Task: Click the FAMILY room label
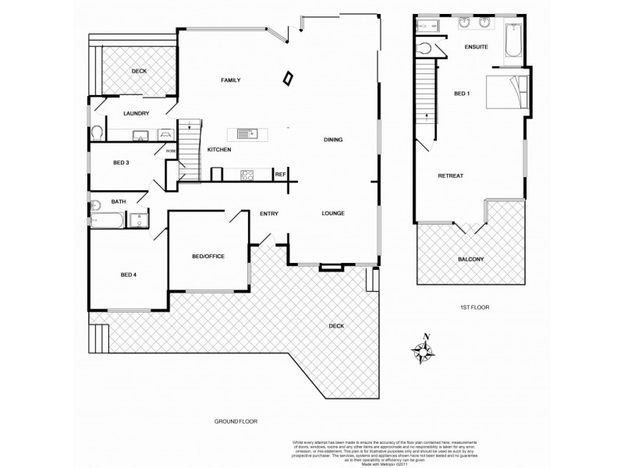tap(229, 80)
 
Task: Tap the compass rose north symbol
tap(425, 353)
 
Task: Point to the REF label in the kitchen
tap(280, 175)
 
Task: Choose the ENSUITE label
tap(476, 48)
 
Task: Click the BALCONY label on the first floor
tap(470, 259)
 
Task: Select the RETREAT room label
tap(450, 176)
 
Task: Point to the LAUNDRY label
tap(136, 114)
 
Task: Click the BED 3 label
tap(121, 163)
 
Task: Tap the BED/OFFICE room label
tap(207, 257)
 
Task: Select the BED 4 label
tap(128, 275)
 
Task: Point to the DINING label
tap(334, 140)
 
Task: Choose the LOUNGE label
tap(333, 213)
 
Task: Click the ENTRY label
tap(269, 214)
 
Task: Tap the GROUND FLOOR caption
tap(236, 421)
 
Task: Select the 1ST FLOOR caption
tap(473, 308)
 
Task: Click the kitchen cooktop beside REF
tap(249, 175)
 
